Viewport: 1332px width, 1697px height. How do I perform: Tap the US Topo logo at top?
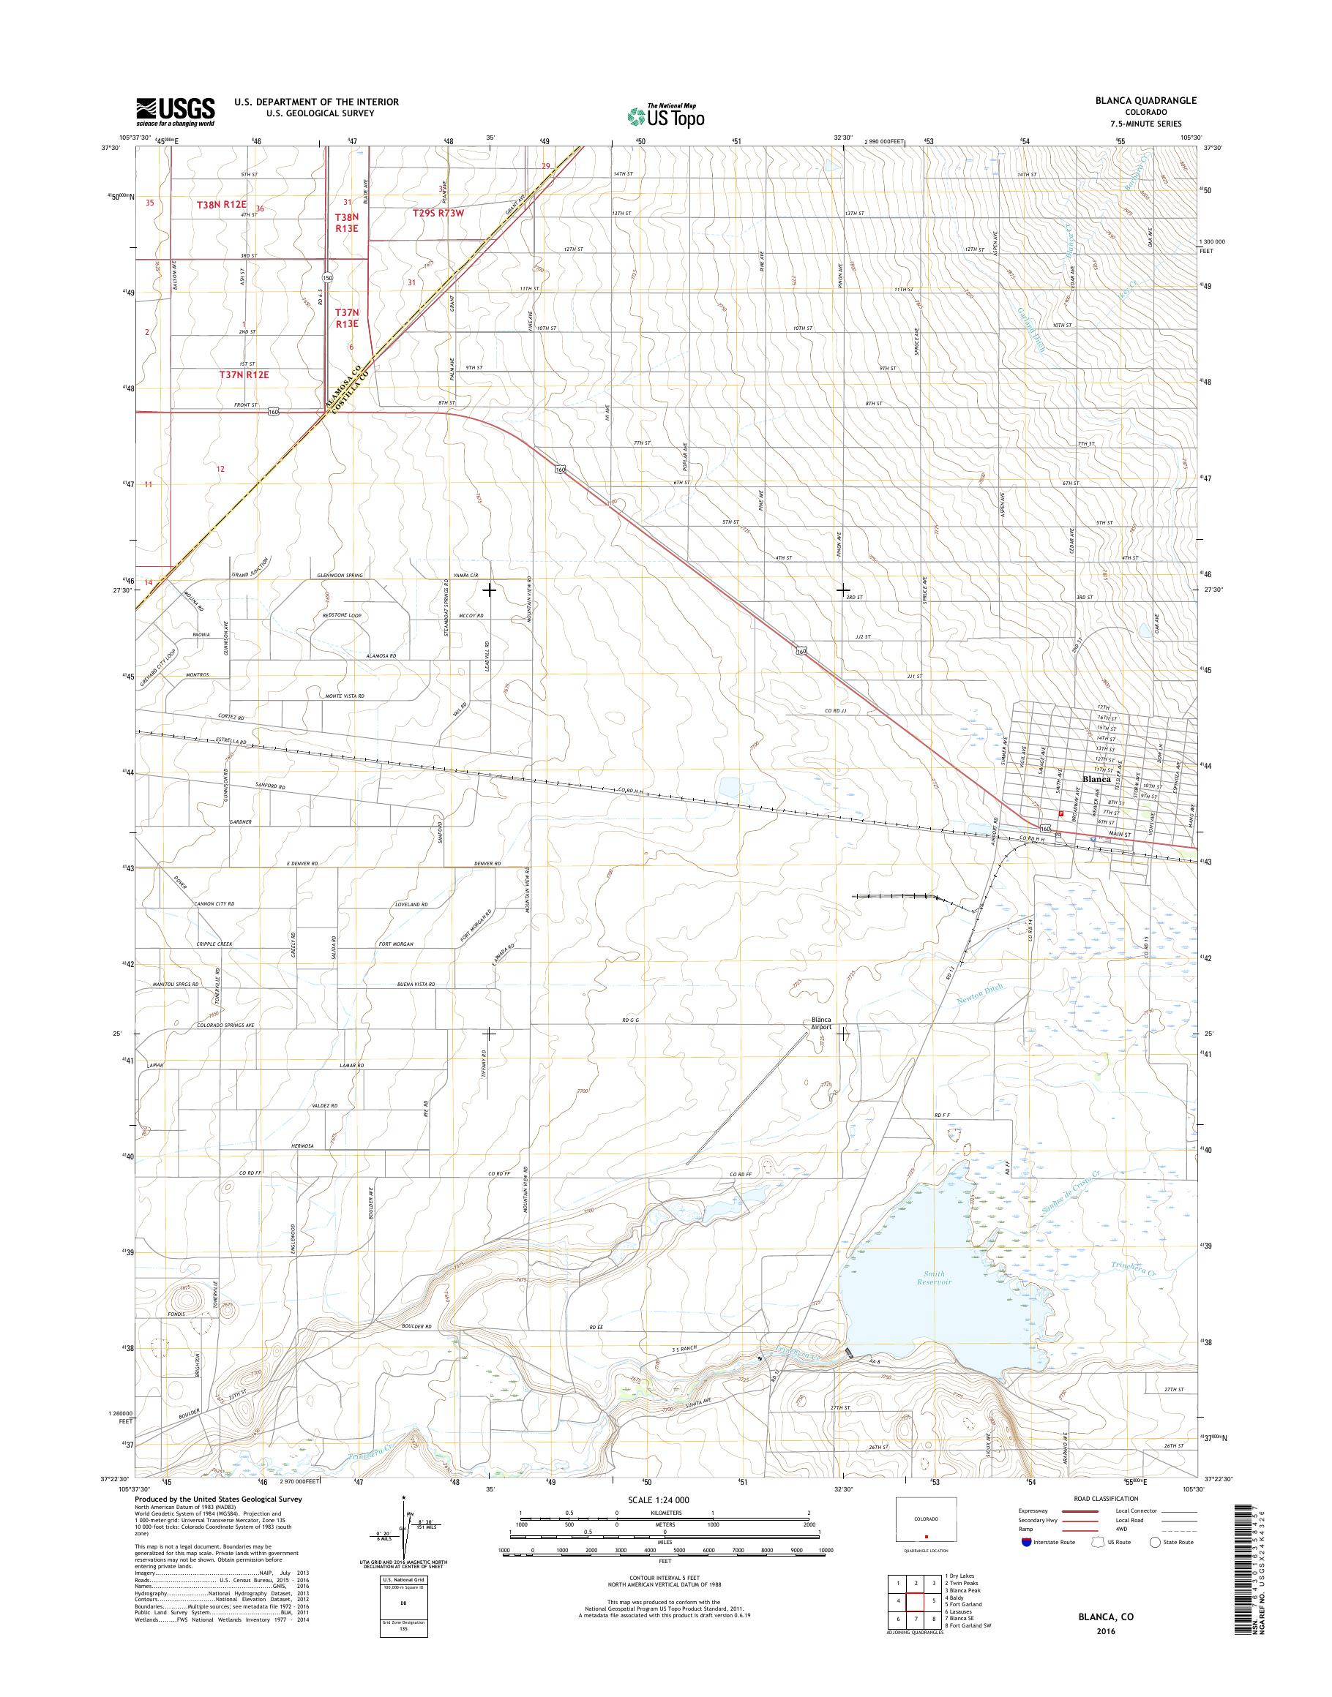pos(666,116)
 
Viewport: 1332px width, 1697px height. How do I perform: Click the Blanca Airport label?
pos(821,1023)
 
